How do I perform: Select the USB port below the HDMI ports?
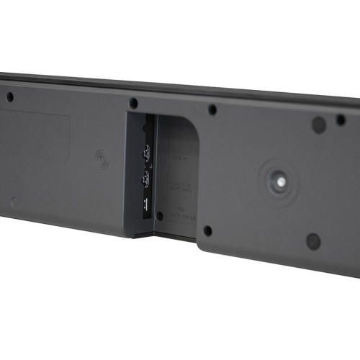click(x=145, y=202)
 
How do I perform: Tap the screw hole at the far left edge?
click(x=9, y=96)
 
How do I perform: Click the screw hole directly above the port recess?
click(x=133, y=103)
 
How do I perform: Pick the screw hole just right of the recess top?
click(x=212, y=110)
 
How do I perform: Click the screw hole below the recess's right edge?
click(x=207, y=231)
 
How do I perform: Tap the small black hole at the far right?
click(x=341, y=120)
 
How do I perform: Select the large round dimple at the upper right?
click(x=318, y=124)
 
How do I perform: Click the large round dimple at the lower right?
click(x=313, y=241)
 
